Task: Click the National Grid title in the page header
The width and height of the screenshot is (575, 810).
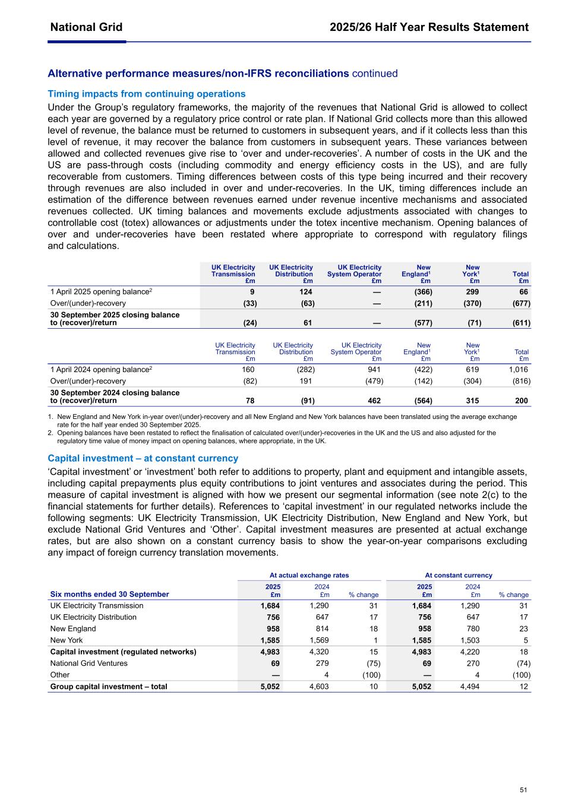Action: click(x=86, y=27)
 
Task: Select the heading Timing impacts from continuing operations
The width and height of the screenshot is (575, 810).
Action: click(x=146, y=94)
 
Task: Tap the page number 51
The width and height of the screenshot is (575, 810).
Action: click(x=523, y=790)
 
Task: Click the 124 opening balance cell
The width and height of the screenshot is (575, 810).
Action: click(x=306, y=292)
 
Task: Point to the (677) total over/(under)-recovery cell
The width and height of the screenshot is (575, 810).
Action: click(x=521, y=303)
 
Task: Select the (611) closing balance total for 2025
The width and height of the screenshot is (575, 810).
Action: click(x=521, y=323)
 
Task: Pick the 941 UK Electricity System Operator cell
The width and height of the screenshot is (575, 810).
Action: click(x=374, y=369)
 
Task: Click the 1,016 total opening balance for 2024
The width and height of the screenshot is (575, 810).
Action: click(x=518, y=369)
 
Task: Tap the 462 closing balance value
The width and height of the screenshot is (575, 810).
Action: click(x=374, y=401)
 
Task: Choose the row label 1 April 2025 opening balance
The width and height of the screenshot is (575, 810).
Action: click(x=101, y=292)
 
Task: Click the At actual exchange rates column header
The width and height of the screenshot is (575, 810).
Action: click(x=309, y=575)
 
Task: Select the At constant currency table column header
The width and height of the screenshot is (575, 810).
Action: click(x=459, y=575)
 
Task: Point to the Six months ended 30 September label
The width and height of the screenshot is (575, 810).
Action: click(x=109, y=594)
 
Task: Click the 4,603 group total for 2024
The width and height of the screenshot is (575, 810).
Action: click(x=319, y=687)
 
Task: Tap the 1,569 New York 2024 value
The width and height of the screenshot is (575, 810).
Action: click(x=319, y=640)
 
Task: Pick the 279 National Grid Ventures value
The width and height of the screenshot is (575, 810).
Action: click(x=322, y=663)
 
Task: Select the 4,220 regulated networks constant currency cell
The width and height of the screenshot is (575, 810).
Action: click(x=470, y=652)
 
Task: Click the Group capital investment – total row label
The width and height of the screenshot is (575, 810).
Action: click(x=109, y=687)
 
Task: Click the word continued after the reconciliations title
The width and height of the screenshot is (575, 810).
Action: click(x=375, y=74)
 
